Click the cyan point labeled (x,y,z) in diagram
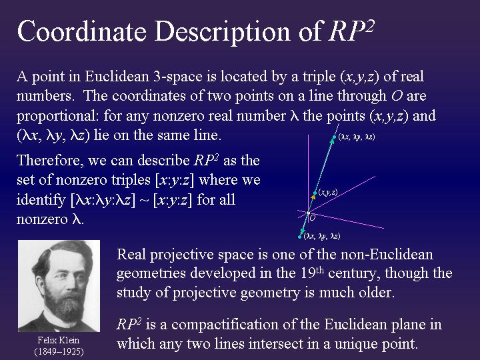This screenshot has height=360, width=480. point(315,194)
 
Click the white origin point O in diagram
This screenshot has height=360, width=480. point(307,213)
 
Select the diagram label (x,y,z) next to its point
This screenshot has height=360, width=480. point(328,192)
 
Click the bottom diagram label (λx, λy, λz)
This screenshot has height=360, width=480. point(323,236)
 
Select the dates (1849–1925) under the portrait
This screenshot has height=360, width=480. point(59,351)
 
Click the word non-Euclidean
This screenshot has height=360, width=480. point(382,255)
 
